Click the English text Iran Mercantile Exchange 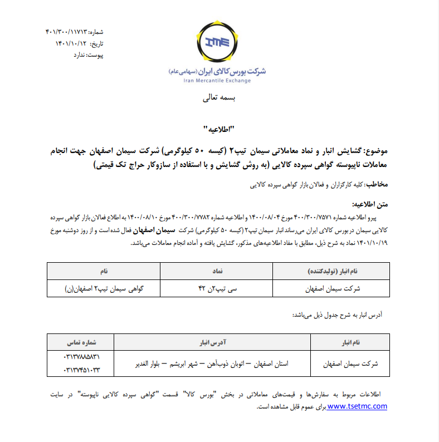click(217, 80)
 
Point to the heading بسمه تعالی click(219, 99)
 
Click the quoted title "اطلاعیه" click(219, 130)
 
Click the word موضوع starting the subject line click(377, 151)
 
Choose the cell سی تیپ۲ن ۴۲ click(216, 288)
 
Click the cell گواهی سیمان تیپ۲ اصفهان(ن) click(104, 288)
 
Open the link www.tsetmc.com click(357, 406)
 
